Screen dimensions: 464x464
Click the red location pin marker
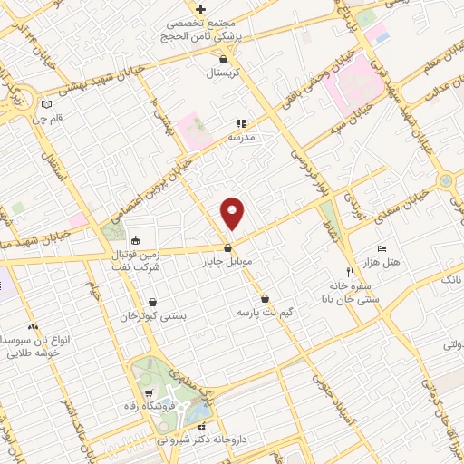[233, 213]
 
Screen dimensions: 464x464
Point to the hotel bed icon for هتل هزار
[382, 248]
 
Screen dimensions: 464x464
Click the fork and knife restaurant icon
[350, 271]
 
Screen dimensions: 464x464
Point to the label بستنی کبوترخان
[153, 317]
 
